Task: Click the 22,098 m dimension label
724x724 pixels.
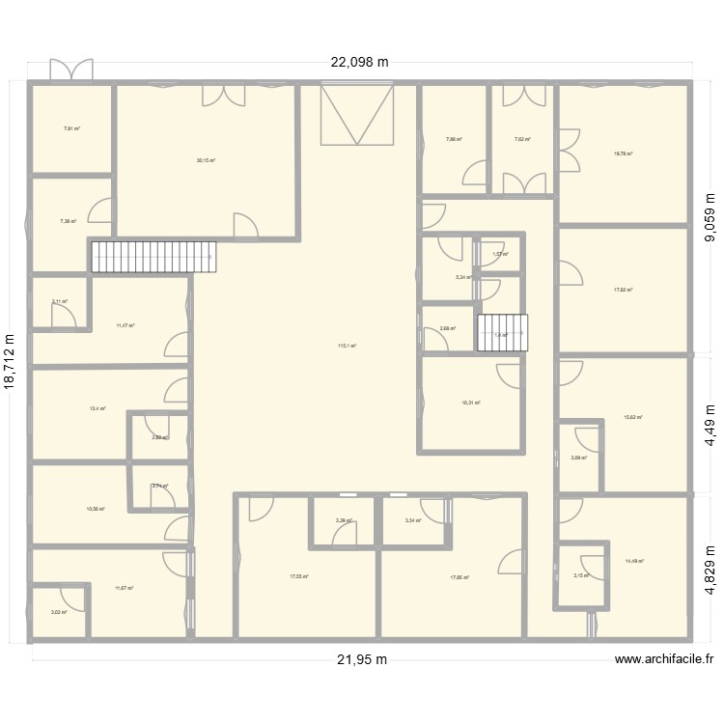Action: (x=359, y=63)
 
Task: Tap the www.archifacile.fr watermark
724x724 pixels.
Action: (x=664, y=659)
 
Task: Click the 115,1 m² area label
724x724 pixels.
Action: (x=348, y=346)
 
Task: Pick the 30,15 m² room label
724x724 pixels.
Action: (x=206, y=161)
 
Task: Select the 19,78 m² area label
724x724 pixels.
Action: (x=624, y=153)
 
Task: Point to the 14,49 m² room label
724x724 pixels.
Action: (x=634, y=561)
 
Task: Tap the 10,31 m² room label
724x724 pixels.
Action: (x=471, y=404)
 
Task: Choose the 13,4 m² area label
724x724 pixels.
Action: (x=97, y=408)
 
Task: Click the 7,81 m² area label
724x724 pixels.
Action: (x=71, y=128)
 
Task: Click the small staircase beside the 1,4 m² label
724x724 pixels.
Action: (x=504, y=332)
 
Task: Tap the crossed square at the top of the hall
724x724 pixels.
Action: (x=357, y=114)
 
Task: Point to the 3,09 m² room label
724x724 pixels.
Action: (x=577, y=459)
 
